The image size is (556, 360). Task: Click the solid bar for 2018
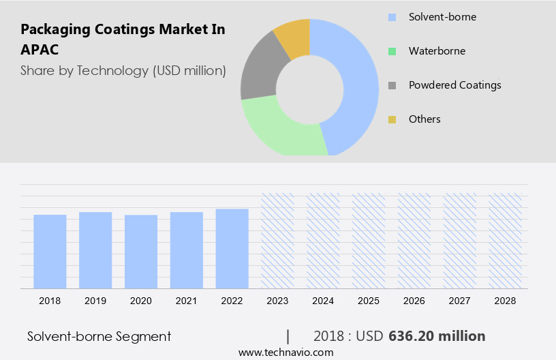[50, 252]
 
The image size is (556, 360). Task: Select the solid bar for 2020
[141, 252]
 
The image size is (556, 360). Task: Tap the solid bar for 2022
[232, 249]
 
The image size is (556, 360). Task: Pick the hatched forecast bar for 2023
[278, 240]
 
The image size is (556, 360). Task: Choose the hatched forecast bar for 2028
[506, 240]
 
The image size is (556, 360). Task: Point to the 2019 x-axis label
[95, 300]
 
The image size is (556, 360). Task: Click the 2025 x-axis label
[369, 300]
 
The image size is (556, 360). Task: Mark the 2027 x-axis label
[460, 300]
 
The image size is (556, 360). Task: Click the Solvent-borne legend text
[442, 17]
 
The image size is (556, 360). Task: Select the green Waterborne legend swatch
[392, 51]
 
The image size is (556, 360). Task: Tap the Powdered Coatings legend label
[454, 85]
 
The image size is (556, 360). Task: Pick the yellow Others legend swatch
[392, 119]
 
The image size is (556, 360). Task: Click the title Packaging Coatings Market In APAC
[123, 40]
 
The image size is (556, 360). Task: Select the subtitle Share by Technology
[123, 70]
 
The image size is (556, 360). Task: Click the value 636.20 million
[437, 336]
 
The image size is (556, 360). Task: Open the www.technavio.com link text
[285, 352]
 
